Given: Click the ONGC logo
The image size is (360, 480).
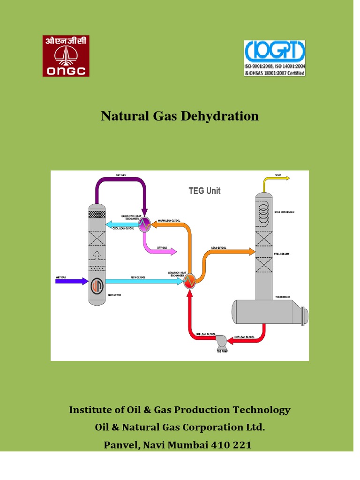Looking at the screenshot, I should [x=66, y=56].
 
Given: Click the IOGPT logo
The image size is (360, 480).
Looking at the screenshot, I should [x=275, y=58].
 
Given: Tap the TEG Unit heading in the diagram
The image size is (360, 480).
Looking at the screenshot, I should [x=204, y=191].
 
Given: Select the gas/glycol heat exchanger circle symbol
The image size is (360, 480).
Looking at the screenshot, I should [x=145, y=223].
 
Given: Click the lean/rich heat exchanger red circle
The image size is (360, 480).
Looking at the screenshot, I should [x=189, y=281].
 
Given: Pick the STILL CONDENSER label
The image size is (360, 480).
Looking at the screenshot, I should [x=285, y=212].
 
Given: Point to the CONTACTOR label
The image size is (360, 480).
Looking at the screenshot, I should [x=114, y=295].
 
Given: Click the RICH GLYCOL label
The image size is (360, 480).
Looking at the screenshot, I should [x=138, y=277].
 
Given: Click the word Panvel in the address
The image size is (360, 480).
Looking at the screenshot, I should [x=121, y=445].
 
